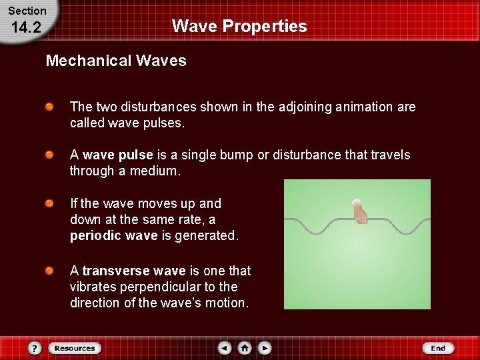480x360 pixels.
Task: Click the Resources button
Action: point(75,348)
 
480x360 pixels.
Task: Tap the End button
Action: point(438,348)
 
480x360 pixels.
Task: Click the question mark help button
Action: point(35,348)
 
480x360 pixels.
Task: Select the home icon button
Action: point(245,348)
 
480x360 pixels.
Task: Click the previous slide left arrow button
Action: point(225,348)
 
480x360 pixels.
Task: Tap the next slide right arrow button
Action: point(265,348)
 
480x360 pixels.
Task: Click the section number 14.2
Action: point(27,27)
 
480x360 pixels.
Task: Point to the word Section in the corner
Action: point(27,11)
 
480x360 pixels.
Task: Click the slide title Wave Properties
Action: point(239,26)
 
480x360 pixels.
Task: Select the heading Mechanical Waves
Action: point(116,61)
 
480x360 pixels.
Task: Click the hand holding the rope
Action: point(359,211)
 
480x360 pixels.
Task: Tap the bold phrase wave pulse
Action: point(118,155)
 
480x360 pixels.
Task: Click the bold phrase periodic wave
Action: point(114,235)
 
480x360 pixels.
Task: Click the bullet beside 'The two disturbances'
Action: point(50,107)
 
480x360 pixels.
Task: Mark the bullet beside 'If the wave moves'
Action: point(50,203)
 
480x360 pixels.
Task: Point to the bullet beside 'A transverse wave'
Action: point(50,271)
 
